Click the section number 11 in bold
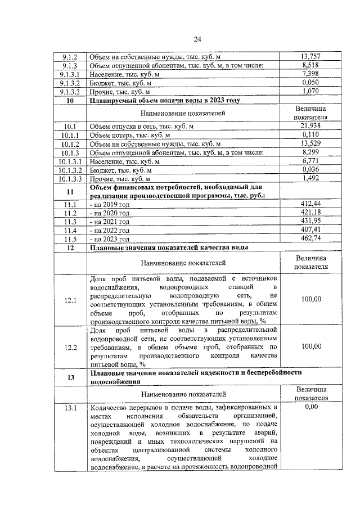coord(70,192)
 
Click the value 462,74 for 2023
coord(310,238)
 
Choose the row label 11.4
coord(70,230)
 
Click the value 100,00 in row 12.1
coord(310,299)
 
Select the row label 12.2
coord(70,347)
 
